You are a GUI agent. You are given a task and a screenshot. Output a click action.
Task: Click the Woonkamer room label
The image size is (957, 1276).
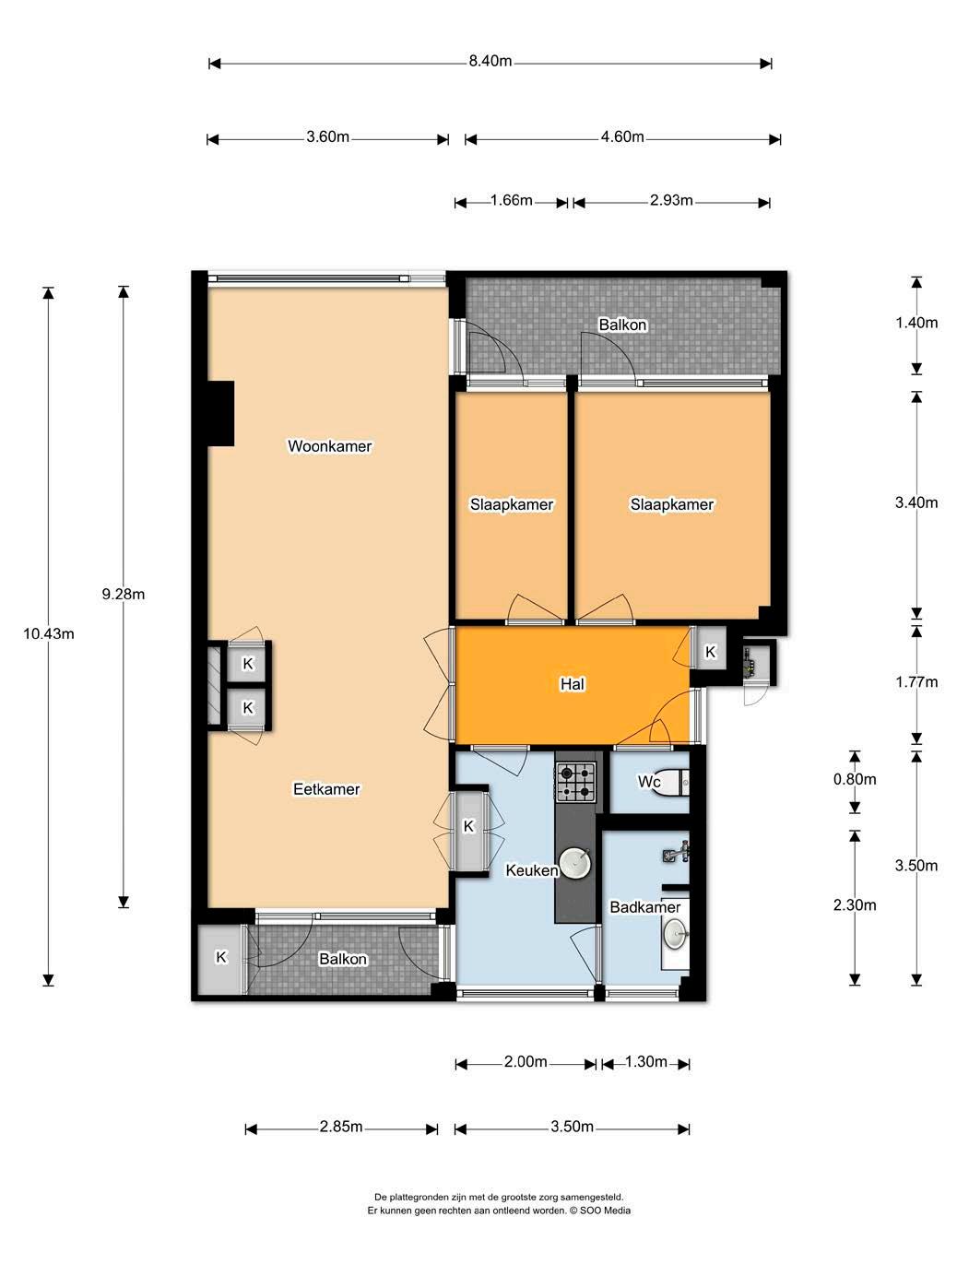(329, 446)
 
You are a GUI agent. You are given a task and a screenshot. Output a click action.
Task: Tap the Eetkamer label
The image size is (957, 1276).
(326, 789)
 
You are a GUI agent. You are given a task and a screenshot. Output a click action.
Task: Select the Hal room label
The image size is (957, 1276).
(573, 684)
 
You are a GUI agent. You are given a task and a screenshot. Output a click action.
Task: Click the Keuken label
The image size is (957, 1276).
(532, 870)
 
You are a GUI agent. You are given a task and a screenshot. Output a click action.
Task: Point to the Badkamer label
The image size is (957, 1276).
(645, 907)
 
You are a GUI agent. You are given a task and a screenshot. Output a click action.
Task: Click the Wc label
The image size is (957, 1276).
(649, 782)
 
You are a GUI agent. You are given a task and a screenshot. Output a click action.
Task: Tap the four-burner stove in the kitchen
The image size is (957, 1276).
(576, 782)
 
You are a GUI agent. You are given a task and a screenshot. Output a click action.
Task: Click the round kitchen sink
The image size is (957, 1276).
(574, 862)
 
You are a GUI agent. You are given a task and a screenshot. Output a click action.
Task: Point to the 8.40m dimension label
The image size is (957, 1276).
(490, 61)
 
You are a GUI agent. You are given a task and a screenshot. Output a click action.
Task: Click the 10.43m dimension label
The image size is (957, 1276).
(49, 633)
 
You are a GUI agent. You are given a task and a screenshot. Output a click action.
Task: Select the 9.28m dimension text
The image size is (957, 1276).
(124, 594)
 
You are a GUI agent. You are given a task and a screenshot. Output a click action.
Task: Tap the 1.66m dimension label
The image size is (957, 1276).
(512, 201)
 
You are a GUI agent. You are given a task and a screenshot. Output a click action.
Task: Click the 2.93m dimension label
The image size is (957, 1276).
(671, 201)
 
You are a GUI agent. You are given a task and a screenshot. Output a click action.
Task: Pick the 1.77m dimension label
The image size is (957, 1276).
(916, 682)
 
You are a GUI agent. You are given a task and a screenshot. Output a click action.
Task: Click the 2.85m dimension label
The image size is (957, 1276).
(341, 1128)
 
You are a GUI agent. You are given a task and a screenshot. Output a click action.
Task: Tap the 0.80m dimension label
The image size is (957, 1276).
(855, 779)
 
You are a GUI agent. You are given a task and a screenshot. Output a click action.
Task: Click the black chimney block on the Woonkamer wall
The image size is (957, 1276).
(220, 413)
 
